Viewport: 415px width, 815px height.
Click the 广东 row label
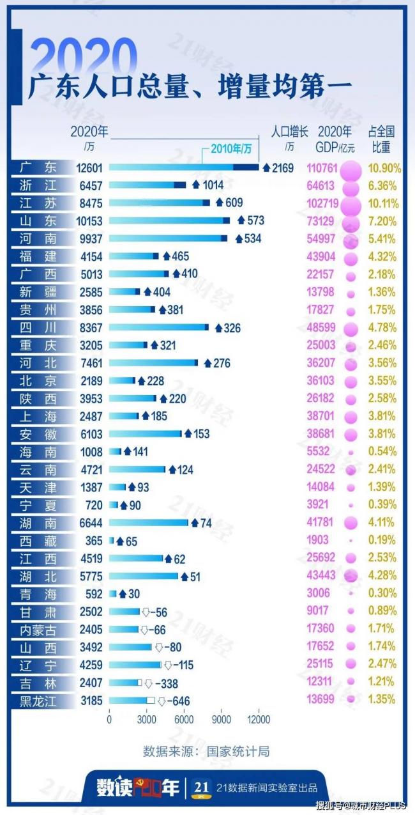tap(38, 167)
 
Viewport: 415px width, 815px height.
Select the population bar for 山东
tap(169, 221)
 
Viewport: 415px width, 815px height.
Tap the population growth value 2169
tap(283, 167)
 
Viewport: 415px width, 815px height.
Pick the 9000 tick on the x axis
tap(221, 719)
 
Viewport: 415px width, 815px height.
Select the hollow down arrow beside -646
tap(162, 701)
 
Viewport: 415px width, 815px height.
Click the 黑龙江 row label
tap(38, 701)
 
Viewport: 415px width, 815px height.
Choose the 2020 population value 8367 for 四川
tap(89, 327)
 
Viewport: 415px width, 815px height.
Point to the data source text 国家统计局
tap(238, 751)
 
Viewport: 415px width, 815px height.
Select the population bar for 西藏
tap(111, 541)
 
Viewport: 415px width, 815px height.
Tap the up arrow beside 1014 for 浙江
tap(196, 185)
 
